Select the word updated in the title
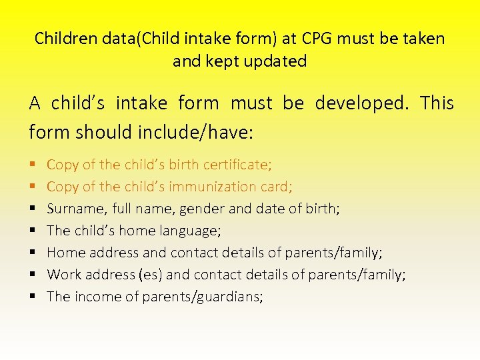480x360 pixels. [275, 61]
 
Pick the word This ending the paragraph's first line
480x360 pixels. [437, 104]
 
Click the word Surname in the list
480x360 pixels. [75, 209]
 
